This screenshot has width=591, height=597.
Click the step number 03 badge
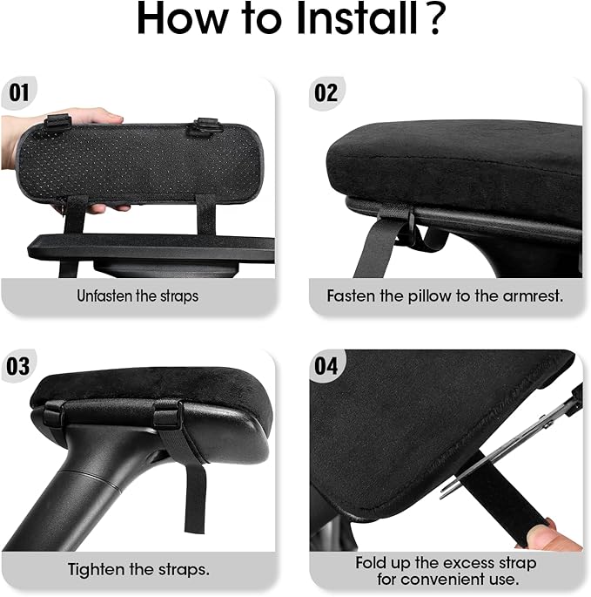pyautogui.click(x=19, y=365)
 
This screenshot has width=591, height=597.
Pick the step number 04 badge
pyautogui.click(x=326, y=365)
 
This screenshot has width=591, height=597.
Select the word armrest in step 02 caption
pyautogui.click(x=534, y=296)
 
